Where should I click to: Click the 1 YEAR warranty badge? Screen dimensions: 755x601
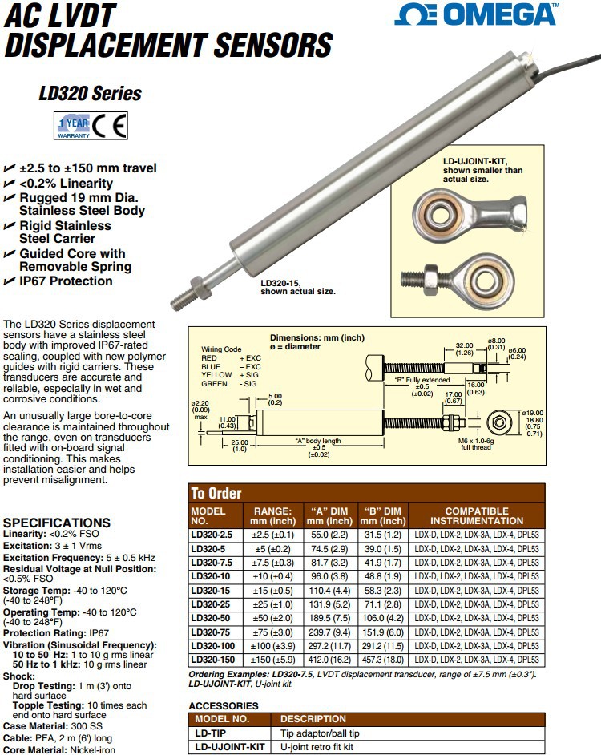(71, 127)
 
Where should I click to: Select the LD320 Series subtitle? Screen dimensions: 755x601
(90, 94)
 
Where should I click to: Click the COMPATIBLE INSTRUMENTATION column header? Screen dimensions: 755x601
(478, 515)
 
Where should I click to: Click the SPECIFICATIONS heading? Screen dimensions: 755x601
(57, 523)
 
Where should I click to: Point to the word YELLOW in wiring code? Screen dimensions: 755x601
(216, 375)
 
